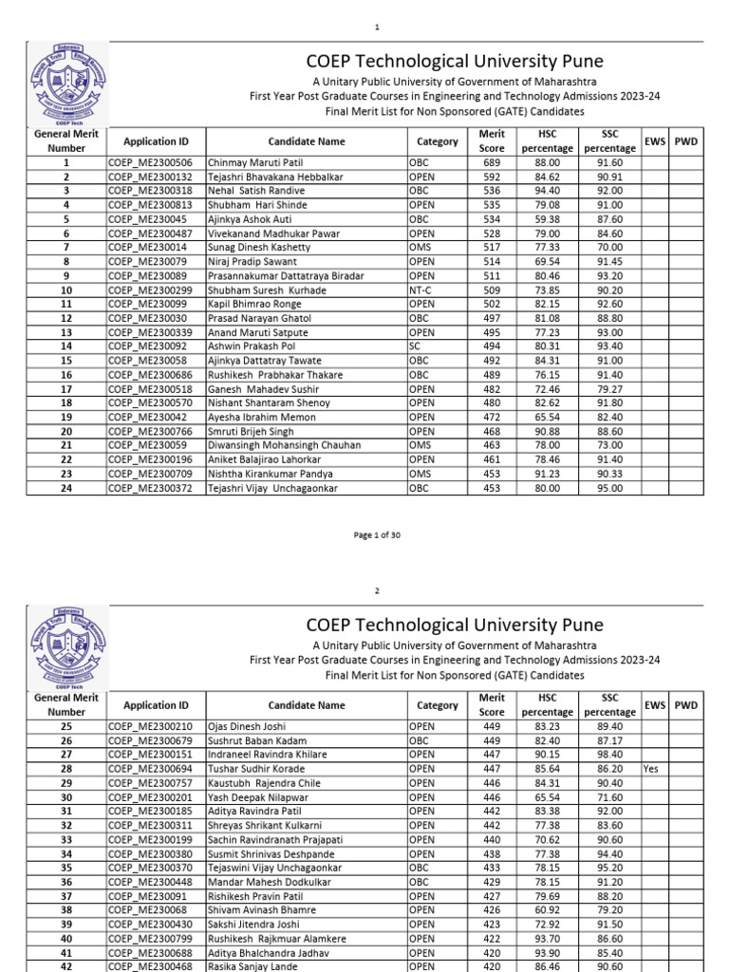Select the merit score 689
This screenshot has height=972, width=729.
(491, 163)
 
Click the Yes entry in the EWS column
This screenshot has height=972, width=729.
(650, 770)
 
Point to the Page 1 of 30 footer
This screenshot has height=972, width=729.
(377, 535)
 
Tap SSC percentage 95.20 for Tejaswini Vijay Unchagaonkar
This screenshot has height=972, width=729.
(610, 869)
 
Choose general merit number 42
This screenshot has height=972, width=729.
(66, 967)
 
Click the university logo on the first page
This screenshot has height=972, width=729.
(65, 89)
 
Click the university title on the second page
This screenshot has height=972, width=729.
(453, 625)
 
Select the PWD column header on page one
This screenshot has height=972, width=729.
(685, 141)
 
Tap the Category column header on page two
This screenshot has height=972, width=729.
(437, 705)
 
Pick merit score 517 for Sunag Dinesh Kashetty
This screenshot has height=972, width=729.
(491, 248)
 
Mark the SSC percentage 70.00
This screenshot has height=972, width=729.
(610, 248)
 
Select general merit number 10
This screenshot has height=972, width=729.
(66, 290)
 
